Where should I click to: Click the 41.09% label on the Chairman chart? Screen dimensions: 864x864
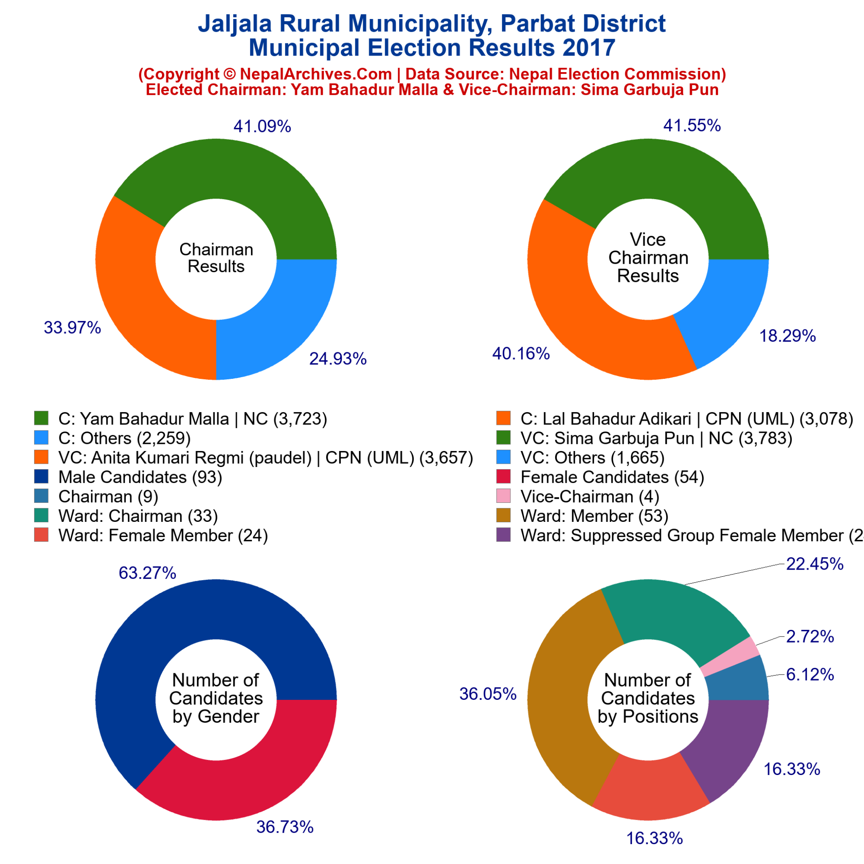[x=262, y=127]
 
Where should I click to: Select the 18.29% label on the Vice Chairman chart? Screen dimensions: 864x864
[x=788, y=336]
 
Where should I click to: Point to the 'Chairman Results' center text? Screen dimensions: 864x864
[x=216, y=258]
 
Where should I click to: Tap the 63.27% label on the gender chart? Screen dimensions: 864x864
[x=147, y=573]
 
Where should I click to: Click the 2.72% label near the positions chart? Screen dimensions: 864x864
[x=810, y=636]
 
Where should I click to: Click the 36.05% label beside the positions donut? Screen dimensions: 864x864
[x=488, y=694]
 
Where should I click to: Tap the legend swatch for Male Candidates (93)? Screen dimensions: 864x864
[x=41, y=477]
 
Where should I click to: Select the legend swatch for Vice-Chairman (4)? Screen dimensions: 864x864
[x=504, y=497]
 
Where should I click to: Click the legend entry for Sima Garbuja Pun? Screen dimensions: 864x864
[x=656, y=438]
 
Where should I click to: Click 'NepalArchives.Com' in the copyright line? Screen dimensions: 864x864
[x=316, y=74]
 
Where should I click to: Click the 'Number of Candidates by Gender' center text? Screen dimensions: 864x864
[x=216, y=699]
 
